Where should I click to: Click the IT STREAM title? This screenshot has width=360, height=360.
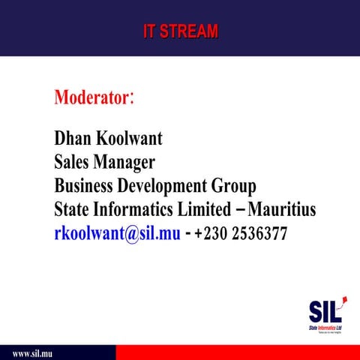pos(181,31)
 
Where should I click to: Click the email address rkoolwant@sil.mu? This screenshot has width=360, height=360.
pos(117,232)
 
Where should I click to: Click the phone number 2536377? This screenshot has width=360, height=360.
pos(259,233)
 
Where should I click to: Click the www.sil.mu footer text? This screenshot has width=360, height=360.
pos(31,352)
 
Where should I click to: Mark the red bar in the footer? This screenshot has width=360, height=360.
pos(237,352)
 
